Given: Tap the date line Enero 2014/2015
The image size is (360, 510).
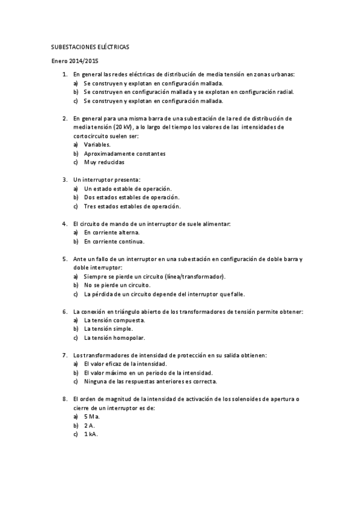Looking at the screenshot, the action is (x=74, y=61).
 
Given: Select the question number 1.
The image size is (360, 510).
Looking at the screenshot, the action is (x=64, y=74).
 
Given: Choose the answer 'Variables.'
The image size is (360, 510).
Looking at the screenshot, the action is (x=97, y=145).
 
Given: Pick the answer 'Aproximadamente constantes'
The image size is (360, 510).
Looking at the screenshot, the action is (x=116, y=153).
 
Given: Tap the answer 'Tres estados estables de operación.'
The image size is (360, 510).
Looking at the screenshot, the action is (x=132, y=206).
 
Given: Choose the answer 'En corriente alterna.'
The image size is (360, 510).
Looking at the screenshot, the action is (x=112, y=232).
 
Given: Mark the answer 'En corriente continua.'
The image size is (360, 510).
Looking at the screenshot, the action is (x=114, y=241).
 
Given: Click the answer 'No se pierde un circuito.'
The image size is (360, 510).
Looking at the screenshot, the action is (x=117, y=285).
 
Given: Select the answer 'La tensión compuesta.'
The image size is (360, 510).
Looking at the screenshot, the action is (x=114, y=320).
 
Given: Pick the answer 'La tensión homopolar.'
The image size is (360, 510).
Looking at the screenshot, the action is (x=114, y=337).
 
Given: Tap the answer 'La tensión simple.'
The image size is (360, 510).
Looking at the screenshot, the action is (x=108, y=329).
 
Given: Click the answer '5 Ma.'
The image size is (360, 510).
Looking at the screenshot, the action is (x=92, y=416).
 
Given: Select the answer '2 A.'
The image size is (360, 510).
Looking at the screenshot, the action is (x=90, y=425).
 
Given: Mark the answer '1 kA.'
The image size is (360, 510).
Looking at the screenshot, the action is (x=91, y=434).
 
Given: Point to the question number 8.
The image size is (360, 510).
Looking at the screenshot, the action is (x=64, y=399).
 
